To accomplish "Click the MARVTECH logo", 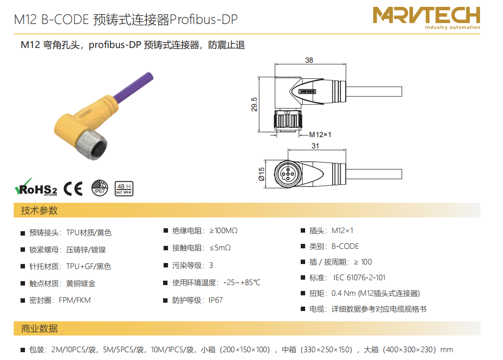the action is [x=426, y=18].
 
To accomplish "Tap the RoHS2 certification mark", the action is [x=36, y=188].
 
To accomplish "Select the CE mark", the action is [x=73, y=189].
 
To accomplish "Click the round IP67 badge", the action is [x=99, y=188].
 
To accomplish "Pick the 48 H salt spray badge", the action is [x=124, y=189].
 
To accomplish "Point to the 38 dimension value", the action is [x=309, y=60].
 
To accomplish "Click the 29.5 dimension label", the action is [x=254, y=105].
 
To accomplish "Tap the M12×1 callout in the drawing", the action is [x=320, y=135].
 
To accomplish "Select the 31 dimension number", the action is [x=315, y=146].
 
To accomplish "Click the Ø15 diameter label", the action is [x=262, y=174].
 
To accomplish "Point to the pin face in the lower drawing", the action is [x=287, y=174].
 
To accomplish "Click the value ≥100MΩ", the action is [x=223, y=231].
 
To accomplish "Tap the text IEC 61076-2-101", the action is [x=359, y=278].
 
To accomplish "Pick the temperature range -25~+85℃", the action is [x=242, y=283].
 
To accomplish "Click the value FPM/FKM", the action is [x=75, y=300].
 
